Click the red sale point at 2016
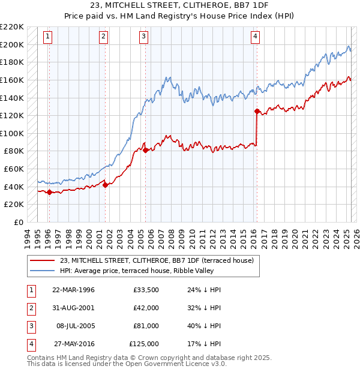[257, 111]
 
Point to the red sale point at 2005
[146, 150]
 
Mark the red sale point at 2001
[105, 185]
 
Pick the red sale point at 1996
[49, 193]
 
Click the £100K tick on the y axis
[12, 133]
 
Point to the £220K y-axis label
[12, 27]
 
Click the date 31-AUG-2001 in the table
[73, 308]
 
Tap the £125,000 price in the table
[144, 344]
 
